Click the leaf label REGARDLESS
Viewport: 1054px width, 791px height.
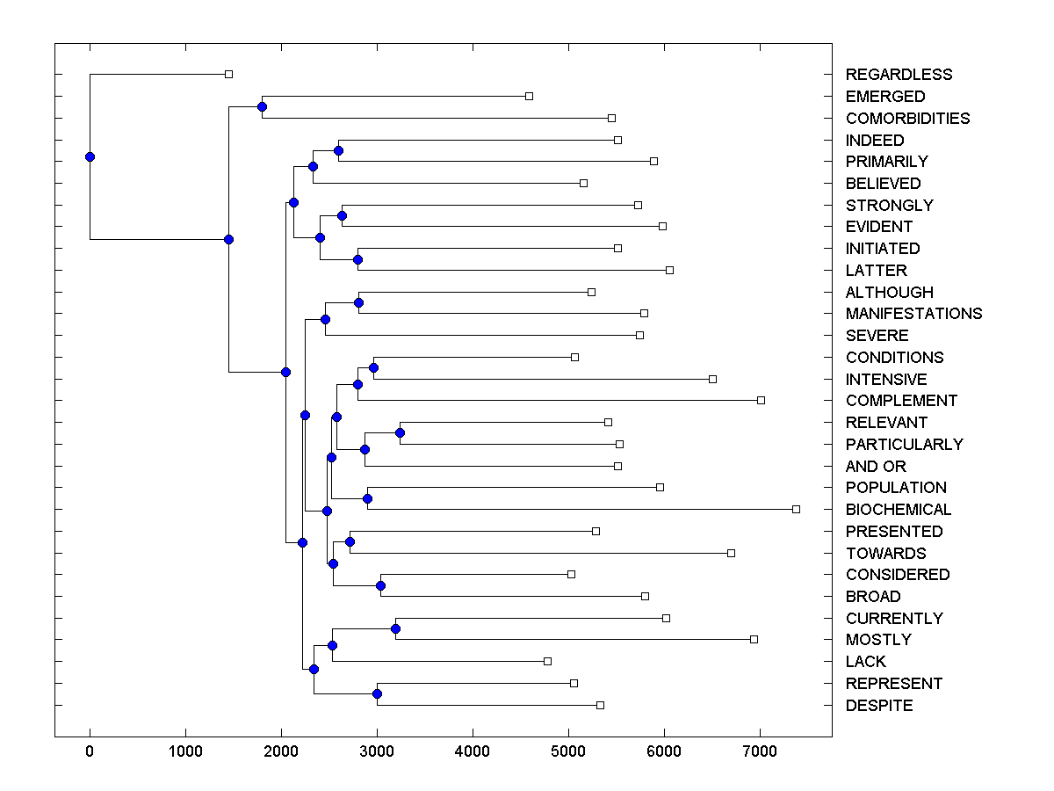click(x=899, y=75)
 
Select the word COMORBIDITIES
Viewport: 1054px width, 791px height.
click(x=907, y=118)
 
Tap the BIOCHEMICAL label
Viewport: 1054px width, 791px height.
click(x=899, y=510)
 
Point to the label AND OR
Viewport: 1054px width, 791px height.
click(x=876, y=466)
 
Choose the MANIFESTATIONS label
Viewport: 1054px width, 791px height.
click(x=913, y=314)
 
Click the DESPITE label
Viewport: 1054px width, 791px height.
click(x=879, y=706)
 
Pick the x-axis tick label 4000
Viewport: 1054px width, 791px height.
click(x=473, y=752)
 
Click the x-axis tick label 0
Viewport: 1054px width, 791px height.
click(x=90, y=752)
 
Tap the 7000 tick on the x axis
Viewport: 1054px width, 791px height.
click(x=760, y=752)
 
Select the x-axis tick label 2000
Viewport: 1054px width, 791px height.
click(x=281, y=752)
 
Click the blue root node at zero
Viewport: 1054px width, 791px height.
click(x=90, y=156)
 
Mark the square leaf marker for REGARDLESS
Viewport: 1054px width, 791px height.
click(x=228, y=74)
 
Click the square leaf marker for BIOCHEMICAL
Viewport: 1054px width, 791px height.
click(x=796, y=509)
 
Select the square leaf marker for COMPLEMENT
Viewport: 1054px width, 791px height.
click(x=761, y=400)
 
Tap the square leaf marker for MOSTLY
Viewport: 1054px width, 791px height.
click(x=754, y=639)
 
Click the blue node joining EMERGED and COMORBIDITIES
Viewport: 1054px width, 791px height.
click(x=262, y=106)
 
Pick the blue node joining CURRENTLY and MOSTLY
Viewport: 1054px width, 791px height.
click(x=395, y=628)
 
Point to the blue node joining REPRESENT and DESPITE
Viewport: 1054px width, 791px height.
click(x=377, y=694)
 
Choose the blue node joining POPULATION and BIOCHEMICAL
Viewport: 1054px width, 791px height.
click(x=367, y=498)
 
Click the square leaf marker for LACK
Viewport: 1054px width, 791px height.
click(x=547, y=661)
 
